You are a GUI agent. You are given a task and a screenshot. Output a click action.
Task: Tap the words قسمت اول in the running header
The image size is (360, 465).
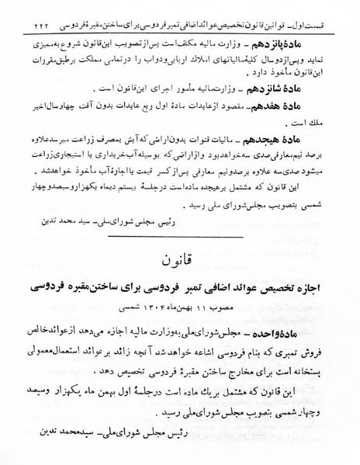click(334, 9)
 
